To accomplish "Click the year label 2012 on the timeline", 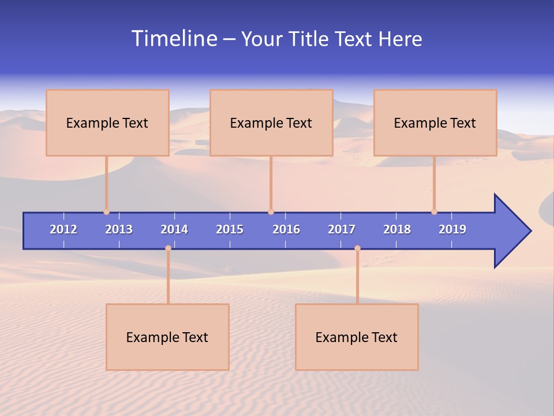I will [x=63, y=229].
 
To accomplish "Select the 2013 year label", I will [x=119, y=229].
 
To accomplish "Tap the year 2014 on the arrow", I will [x=174, y=229].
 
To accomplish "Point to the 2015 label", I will [x=230, y=229].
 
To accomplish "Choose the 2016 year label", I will [x=286, y=229].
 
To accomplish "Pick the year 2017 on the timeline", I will [x=342, y=229].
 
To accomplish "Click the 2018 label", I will [x=397, y=229].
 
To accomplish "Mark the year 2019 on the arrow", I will [x=452, y=229].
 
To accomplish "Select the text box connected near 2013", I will [x=107, y=122].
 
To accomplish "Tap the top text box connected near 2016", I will [x=271, y=122].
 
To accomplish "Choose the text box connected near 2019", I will [x=435, y=122].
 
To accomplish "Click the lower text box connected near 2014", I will [x=167, y=337].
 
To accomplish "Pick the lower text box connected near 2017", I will [x=357, y=337].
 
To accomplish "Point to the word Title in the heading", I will [x=312, y=39].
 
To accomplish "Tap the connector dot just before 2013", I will [x=106, y=211].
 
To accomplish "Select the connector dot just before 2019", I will [x=434, y=211].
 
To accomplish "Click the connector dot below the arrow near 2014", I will [x=168, y=248].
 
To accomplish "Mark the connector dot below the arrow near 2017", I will [x=357, y=248].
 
